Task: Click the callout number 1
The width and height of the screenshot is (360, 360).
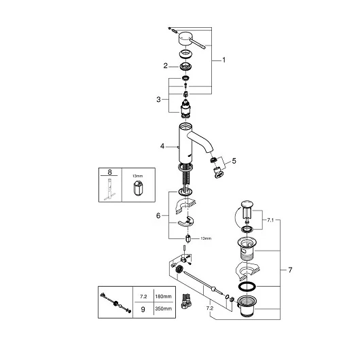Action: click(x=224, y=60)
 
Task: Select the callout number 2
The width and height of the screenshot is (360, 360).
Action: click(x=166, y=66)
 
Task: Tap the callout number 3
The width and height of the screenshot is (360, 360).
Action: click(x=158, y=100)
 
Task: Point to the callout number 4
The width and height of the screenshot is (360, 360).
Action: click(x=162, y=146)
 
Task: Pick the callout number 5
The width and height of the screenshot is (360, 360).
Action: click(x=234, y=161)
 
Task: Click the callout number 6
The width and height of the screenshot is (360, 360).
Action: click(x=158, y=216)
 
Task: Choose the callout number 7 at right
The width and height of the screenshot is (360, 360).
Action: click(x=290, y=270)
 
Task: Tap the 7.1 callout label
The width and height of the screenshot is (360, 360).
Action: click(x=270, y=220)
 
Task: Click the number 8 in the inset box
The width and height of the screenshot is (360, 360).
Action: click(x=110, y=172)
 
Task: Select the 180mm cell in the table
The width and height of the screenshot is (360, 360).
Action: click(x=163, y=296)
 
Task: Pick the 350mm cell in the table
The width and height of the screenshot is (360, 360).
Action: click(x=163, y=308)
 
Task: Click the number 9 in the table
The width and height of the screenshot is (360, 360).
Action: click(x=143, y=310)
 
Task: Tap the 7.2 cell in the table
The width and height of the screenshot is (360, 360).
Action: click(x=143, y=297)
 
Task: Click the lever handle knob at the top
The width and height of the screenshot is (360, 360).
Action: click(x=186, y=39)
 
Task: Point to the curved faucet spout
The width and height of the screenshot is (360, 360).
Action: click(x=200, y=141)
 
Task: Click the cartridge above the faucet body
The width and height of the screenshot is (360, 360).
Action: click(x=186, y=110)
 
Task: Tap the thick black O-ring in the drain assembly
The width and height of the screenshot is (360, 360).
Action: click(x=247, y=286)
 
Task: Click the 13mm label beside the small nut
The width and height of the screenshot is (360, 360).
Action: click(x=206, y=238)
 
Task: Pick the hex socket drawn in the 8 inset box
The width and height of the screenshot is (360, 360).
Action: click(x=138, y=187)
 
